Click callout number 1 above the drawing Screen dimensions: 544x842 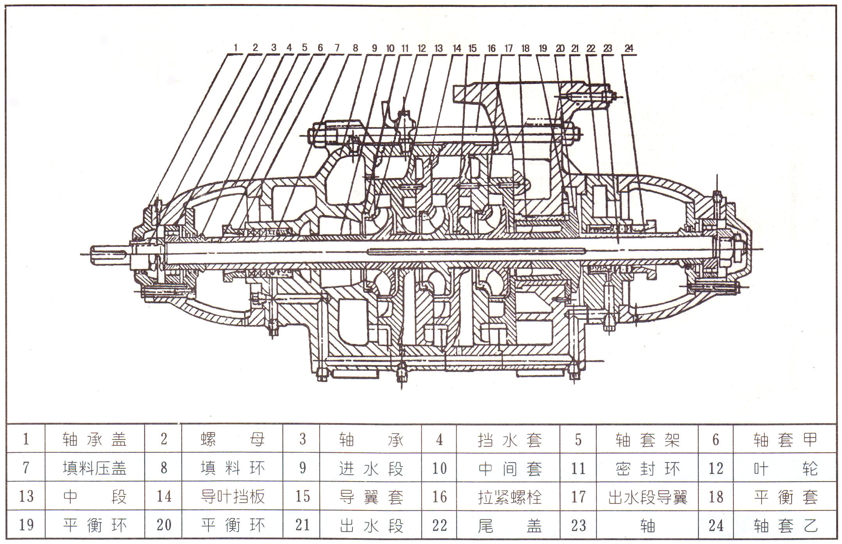tap(235, 48)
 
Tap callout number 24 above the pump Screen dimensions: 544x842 tap(629, 48)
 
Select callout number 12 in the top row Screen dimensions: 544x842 tap(422, 48)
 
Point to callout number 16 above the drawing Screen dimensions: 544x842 tap(491, 48)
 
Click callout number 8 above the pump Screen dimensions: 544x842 tap(355, 48)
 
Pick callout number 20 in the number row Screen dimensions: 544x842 tap(560, 48)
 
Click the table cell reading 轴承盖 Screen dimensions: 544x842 tap(95, 439)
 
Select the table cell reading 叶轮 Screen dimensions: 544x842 tap(785, 468)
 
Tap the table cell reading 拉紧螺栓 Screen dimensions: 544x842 tap(509, 497)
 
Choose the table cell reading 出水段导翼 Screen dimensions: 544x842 tap(647, 497)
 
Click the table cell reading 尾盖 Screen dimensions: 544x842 tap(509, 525)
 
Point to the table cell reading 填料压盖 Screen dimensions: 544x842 tap(95, 468)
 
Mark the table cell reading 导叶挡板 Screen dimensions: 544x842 tap(233, 496)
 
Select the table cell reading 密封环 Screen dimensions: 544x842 tap(647, 468)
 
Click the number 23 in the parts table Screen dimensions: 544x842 tap(579, 525)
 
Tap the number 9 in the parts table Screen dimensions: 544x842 tap(303, 468)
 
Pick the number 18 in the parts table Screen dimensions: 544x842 tap(716, 497)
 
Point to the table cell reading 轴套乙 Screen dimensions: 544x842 tap(785, 525)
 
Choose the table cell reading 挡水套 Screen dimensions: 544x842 tap(509, 440)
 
